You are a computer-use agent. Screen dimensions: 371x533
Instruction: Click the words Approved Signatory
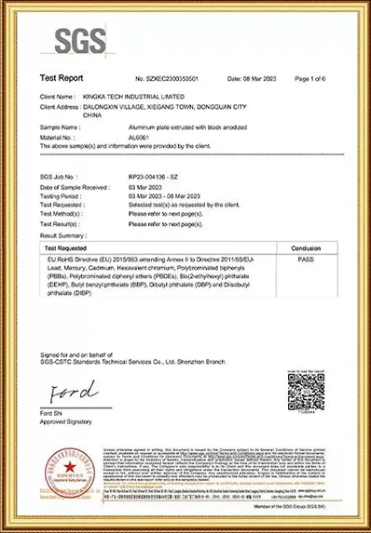(x=66, y=421)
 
